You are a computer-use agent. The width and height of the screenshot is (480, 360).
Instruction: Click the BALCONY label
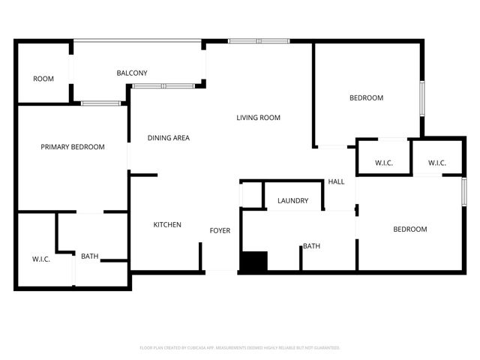point(131,73)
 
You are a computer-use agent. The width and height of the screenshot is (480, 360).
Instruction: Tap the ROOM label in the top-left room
point(43,79)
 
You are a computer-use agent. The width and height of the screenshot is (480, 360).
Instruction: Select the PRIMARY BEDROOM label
point(72,147)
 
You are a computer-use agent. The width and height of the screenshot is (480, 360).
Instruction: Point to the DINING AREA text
point(168,138)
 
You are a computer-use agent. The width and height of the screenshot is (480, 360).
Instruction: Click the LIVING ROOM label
point(258,118)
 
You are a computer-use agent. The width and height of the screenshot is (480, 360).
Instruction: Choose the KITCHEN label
point(167,225)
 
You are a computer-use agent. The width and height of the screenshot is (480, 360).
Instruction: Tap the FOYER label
point(220,230)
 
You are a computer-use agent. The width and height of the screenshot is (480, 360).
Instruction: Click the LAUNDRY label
point(292,201)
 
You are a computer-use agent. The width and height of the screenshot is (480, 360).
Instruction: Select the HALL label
point(336,182)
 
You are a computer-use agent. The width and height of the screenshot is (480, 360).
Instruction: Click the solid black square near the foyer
point(253,262)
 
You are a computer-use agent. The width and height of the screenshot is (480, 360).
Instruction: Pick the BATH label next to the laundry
point(311,246)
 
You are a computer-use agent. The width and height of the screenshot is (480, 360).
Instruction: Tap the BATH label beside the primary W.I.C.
point(90,256)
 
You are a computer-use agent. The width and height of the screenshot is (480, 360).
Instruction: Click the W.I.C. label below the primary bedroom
point(40,259)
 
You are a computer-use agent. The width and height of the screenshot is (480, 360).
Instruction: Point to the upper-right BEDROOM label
point(366,98)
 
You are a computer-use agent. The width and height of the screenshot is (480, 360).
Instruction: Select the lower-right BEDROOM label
point(409,229)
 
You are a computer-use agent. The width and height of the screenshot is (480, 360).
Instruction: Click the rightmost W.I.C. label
point(437,163)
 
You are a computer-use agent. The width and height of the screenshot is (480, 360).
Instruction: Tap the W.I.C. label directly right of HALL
point(383,163)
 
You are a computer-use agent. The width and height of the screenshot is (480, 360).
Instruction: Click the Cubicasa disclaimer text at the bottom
point(240,348)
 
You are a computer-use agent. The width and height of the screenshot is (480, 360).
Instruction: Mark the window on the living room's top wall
point(258,40)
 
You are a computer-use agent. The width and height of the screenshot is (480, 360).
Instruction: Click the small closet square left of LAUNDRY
point(251,194)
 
